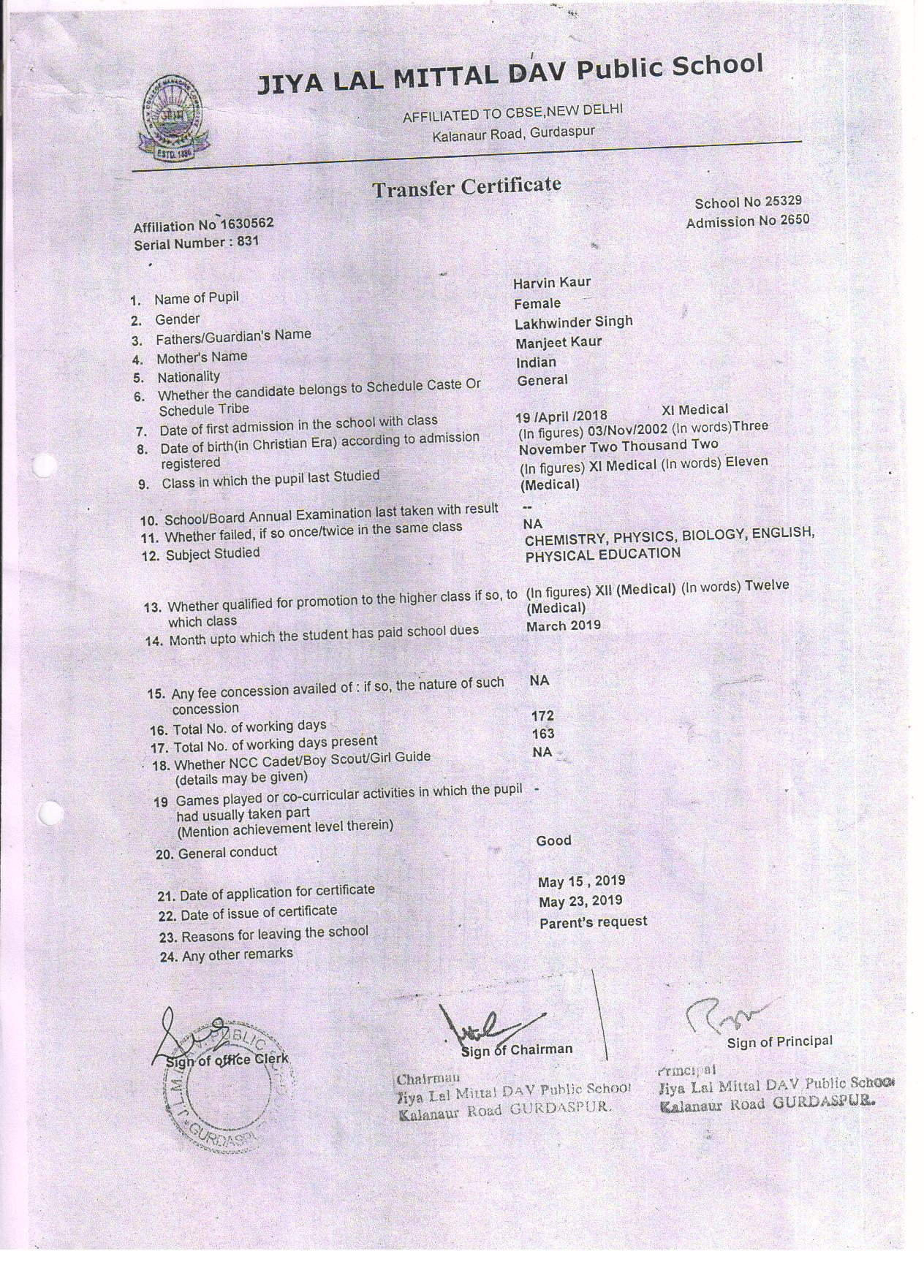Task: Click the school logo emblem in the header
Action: click(174, 118)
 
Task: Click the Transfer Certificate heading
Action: click(466, 187)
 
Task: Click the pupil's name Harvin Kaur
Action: click(551, 282)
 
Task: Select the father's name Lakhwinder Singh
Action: click(573, 322)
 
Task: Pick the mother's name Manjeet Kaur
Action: click(558, 342)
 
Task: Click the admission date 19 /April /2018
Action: click(561, 417)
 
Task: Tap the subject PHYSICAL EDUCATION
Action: click(602, 554)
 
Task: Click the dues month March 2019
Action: click(563, 626)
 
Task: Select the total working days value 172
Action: click(542, 715)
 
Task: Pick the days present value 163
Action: click(543, 734)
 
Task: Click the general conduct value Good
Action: click(553, 840)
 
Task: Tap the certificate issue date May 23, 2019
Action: click(580, 902)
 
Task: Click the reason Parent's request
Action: click(593, 922)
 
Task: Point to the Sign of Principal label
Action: click(779, 1041)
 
